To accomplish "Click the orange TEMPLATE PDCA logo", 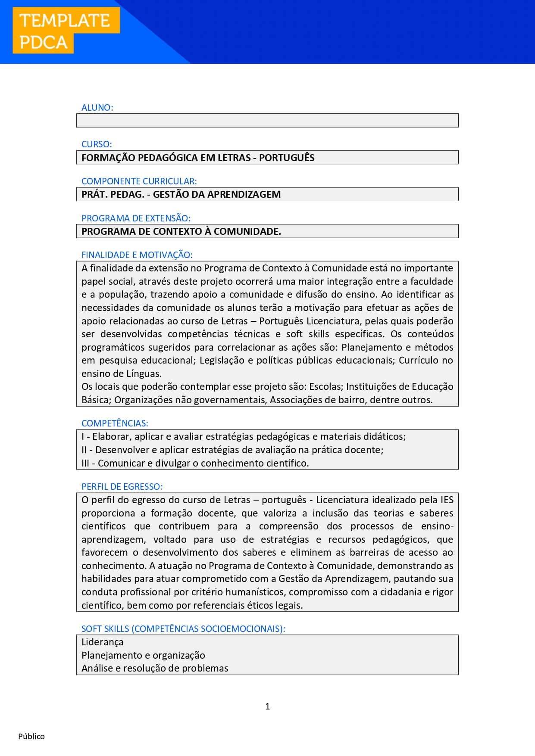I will pos(66,31).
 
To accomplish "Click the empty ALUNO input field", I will pos(267,121).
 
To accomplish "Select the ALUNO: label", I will pos(97,108).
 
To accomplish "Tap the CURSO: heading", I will pos(97,144).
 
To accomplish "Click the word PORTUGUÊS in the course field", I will pos(287,158).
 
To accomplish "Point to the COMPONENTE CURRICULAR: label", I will pos(139,181).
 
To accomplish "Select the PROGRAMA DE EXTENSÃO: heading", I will pos(136,218).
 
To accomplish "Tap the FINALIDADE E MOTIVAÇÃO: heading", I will pos(137,255).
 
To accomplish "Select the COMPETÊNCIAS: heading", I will pos(115,423).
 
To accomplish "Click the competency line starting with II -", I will pos(232,450).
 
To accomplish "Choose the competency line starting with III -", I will pos(195,464).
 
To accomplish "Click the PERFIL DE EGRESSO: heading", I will pos(122,487).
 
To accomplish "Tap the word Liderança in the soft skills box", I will pos(103,642).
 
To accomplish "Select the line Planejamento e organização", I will pos(143,656).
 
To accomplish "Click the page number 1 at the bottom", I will pos(268,706).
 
